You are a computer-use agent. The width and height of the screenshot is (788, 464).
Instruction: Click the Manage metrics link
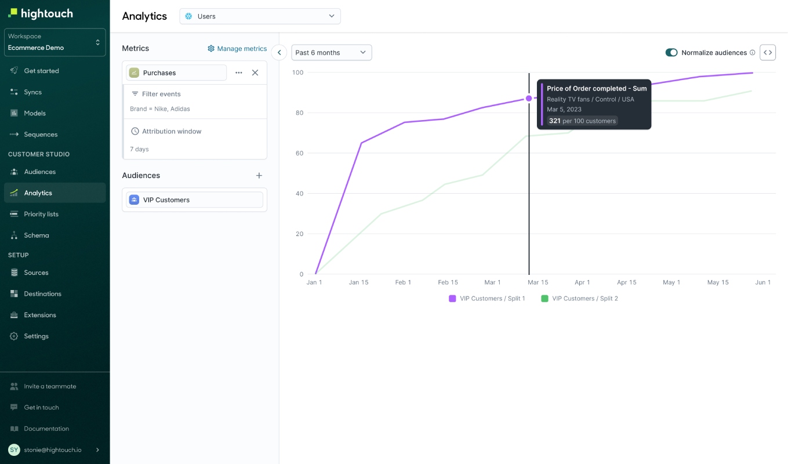[237, 49]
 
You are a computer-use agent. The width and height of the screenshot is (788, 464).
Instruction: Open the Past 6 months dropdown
[332, 52]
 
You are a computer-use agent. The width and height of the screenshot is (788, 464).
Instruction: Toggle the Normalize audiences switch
[671, 52]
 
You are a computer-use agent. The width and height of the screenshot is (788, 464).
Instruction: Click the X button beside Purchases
[255, 72]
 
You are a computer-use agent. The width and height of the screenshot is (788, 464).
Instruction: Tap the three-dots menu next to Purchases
[238, 72]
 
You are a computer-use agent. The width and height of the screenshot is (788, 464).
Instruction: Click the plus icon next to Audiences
[259, 175]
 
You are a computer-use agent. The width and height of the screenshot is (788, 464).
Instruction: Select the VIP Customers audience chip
[194, 200]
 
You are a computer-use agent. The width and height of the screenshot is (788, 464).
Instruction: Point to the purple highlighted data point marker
[529, 99]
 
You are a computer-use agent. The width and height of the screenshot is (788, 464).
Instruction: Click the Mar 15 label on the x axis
[538, 282]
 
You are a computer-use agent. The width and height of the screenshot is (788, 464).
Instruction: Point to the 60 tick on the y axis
[299, 153]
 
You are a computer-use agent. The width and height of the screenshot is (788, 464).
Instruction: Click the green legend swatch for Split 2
[544, 298]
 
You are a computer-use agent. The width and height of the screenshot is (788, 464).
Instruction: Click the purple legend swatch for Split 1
[452, 298]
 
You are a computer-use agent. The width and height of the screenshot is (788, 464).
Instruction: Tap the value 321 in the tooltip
[554, 121]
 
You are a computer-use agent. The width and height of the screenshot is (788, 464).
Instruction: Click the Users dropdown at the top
[260, 16]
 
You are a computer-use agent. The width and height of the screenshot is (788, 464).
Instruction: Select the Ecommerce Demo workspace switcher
[55, 42]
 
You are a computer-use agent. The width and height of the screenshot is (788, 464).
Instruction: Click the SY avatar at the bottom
[14, 449]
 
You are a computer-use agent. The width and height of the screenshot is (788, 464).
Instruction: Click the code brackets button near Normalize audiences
[768, 52]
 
